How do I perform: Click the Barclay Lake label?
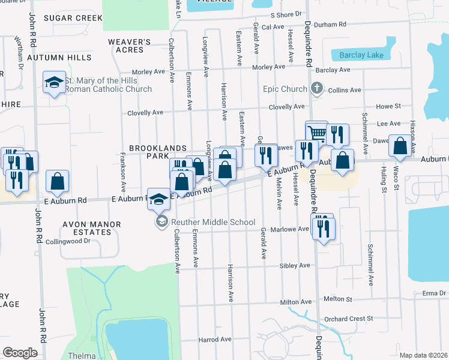(361, 55)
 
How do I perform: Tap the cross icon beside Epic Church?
(317, 89)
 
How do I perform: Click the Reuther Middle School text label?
(212, 223)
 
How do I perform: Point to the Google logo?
(20, 353)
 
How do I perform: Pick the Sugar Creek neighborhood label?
(72, 18)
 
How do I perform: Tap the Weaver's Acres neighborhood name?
(129, 46)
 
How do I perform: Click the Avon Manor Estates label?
(92, 229)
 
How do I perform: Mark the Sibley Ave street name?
(295, 265)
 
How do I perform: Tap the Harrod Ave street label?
(215, 339)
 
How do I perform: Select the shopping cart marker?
(316, 133)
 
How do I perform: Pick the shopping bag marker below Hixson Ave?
(400, 146)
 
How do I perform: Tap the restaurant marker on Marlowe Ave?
(324, 229)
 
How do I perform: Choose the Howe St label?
(388, 106)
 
